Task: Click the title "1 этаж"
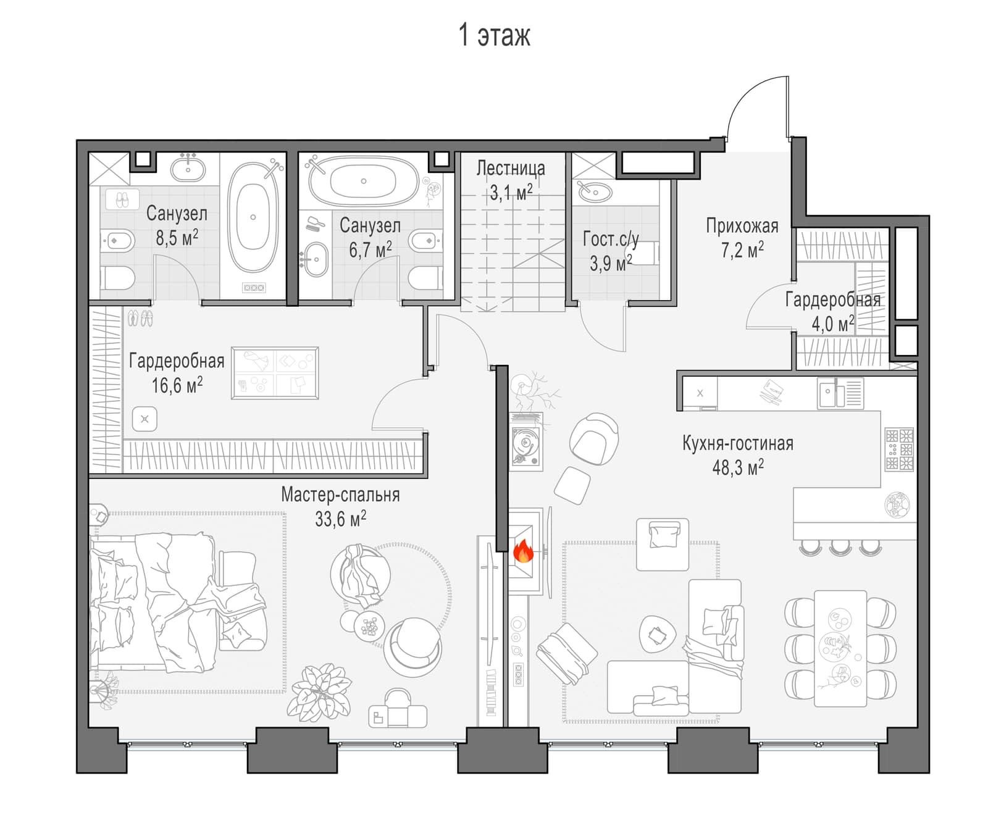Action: (494, 35)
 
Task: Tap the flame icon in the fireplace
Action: (523, 551)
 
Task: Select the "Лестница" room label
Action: (511, 168)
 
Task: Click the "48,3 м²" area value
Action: (738, 467)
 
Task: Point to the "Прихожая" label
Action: (742, 225)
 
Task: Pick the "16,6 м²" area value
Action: (177, 385)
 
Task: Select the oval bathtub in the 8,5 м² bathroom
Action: (253, 217)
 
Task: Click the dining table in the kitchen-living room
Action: (840, 648)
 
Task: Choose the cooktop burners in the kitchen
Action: (900, 449)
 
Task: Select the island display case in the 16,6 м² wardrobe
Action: (275, 373)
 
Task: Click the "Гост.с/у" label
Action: (611, 238)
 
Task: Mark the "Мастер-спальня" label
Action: (340, 495)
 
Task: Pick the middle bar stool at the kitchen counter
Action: (840, 547)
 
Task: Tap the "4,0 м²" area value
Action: (833, 323)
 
